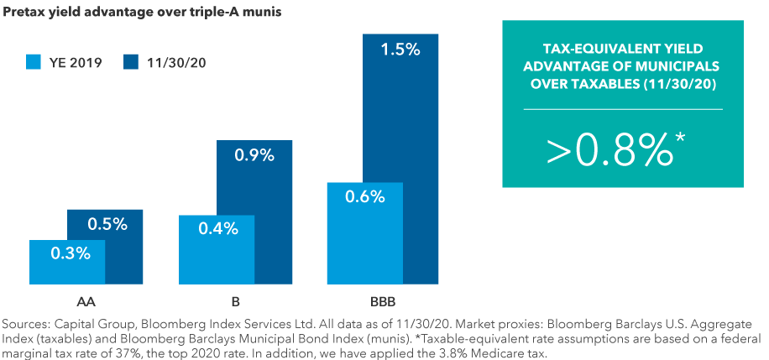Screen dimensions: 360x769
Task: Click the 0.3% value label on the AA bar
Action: click(x=67, y=253)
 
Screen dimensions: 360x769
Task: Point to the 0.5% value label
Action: click(x=105, y=224)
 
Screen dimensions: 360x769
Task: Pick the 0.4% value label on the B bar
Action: click(x=216, y=228)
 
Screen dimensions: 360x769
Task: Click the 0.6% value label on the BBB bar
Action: click(x=364, y=196)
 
